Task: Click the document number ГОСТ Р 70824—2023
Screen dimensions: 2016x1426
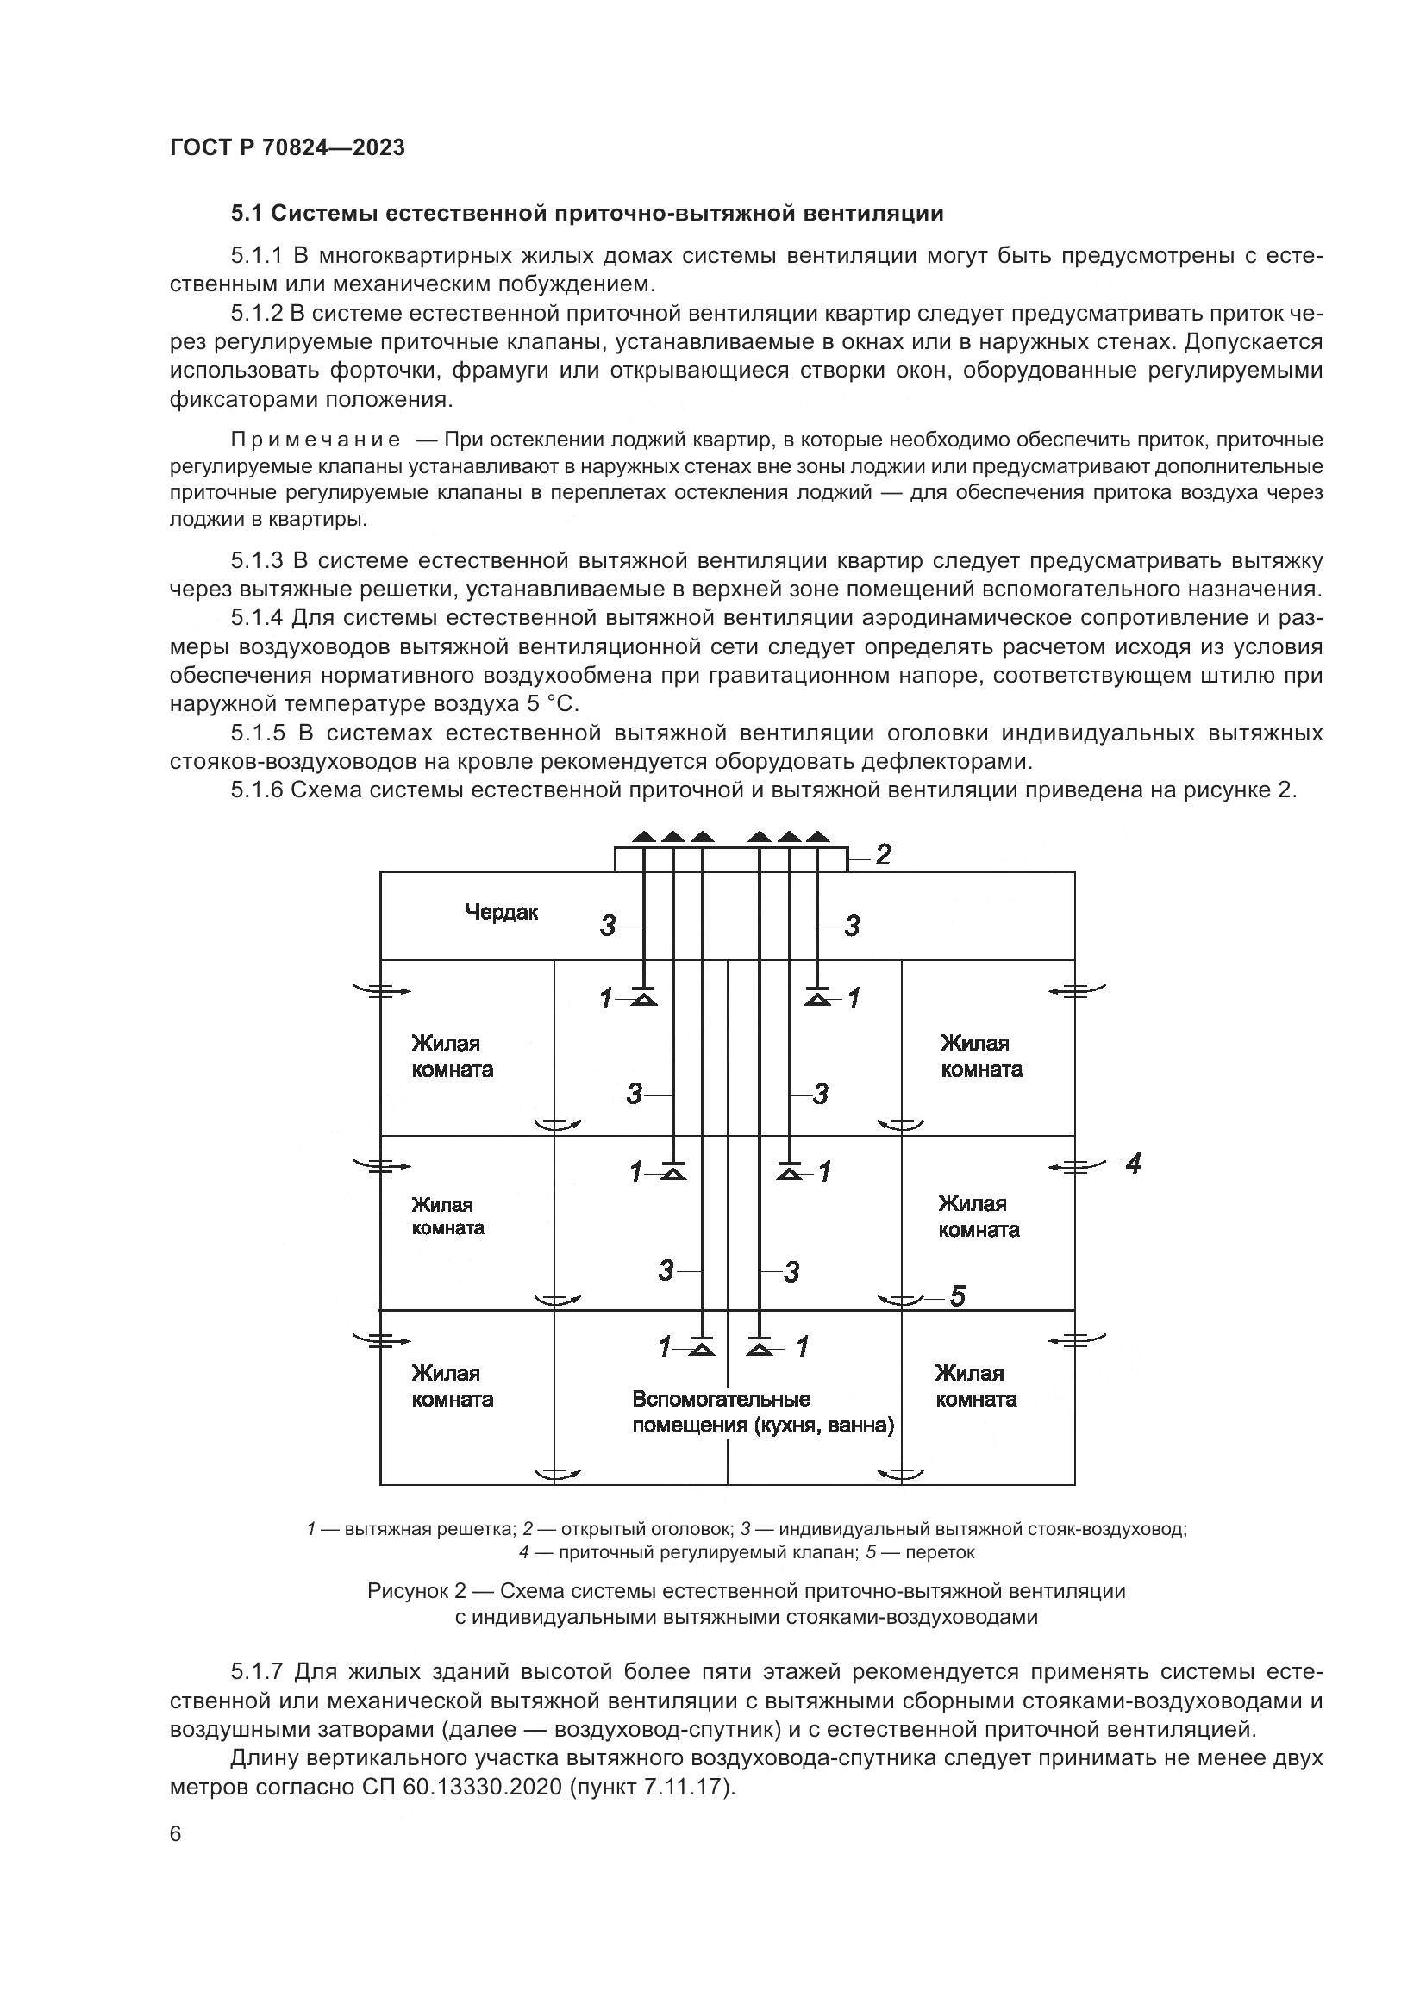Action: (287, 147)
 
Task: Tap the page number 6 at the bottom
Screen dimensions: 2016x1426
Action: (176, 1834)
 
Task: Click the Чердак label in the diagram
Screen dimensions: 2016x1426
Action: (502, 912)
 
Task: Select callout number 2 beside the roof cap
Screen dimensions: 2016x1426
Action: (883, 854)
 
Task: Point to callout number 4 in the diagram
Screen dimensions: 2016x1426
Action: (1133, 1164)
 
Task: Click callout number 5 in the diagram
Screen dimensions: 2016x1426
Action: (957, 1296)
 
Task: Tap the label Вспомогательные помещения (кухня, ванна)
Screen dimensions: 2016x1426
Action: (762, 1412)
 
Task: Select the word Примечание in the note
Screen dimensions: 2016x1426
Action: (316, 439)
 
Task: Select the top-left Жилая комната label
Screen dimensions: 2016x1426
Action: (451, 1057)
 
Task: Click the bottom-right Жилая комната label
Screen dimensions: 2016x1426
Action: (976, 1386)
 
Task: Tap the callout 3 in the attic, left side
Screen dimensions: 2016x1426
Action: (608, 926)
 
